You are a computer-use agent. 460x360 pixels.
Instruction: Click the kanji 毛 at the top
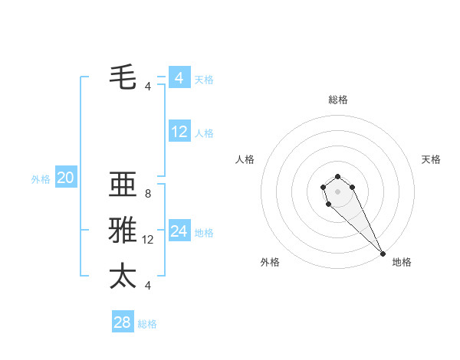123,77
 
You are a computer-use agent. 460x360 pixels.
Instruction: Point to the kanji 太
123,276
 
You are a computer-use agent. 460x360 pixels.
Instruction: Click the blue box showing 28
123,322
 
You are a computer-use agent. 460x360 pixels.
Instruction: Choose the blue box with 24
179,231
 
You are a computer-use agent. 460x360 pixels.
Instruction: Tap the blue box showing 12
179,132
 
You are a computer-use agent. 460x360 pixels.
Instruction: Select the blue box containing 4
179,78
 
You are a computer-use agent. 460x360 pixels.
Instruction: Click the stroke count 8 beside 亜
147,194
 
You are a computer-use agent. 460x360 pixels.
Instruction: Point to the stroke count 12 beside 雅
148,240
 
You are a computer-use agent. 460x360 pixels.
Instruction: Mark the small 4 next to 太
147,286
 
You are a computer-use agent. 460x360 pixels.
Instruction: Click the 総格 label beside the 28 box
147,324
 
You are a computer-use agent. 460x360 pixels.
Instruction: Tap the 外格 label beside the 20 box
41,179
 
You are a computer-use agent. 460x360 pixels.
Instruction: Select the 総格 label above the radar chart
337,100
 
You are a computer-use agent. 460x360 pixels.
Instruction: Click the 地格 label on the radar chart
402,262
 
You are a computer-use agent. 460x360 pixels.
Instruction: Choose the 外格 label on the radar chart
270,262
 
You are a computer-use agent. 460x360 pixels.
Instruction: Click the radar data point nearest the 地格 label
383,254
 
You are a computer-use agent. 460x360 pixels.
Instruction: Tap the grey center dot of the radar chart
337,191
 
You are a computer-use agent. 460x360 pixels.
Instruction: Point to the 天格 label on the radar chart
431,159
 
